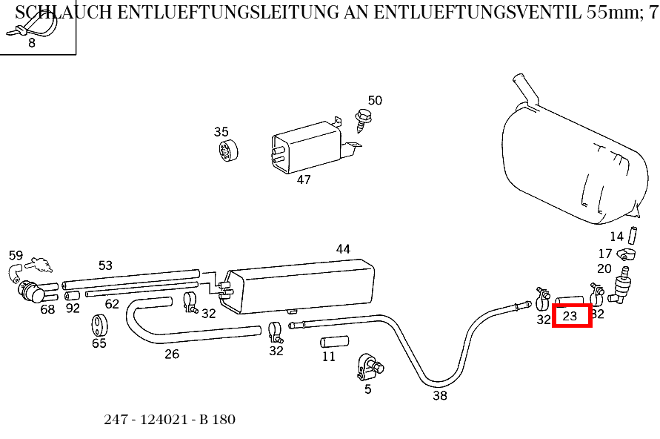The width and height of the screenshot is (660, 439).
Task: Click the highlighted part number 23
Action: click(570, 316)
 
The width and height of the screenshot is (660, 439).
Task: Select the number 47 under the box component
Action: click(304, 179)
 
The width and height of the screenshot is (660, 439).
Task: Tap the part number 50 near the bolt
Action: click(375, 101)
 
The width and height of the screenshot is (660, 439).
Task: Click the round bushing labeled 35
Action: click(227, 151)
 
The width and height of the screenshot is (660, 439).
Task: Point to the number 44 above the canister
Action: click(343, 249)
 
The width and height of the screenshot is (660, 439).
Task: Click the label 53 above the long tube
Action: click(106, 265)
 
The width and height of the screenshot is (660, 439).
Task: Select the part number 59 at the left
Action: click(16, 256)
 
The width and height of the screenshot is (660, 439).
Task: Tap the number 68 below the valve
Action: click(47, 309)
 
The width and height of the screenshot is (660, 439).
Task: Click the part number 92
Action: click(73, 308)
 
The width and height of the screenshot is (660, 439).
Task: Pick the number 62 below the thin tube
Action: click(112, 304)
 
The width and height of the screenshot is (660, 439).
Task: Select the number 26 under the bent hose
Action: click(172, 354)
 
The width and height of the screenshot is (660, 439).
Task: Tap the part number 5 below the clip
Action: click(368, 389)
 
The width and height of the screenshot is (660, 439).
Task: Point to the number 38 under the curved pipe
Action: click(440, 396)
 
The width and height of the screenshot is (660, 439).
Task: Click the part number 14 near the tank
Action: click(617, 237)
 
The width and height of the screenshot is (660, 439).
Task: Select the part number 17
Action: click(605, 254)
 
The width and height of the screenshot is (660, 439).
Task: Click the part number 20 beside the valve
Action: click(604, 269)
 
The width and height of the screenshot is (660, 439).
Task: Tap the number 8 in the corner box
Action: click(32, 43)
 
